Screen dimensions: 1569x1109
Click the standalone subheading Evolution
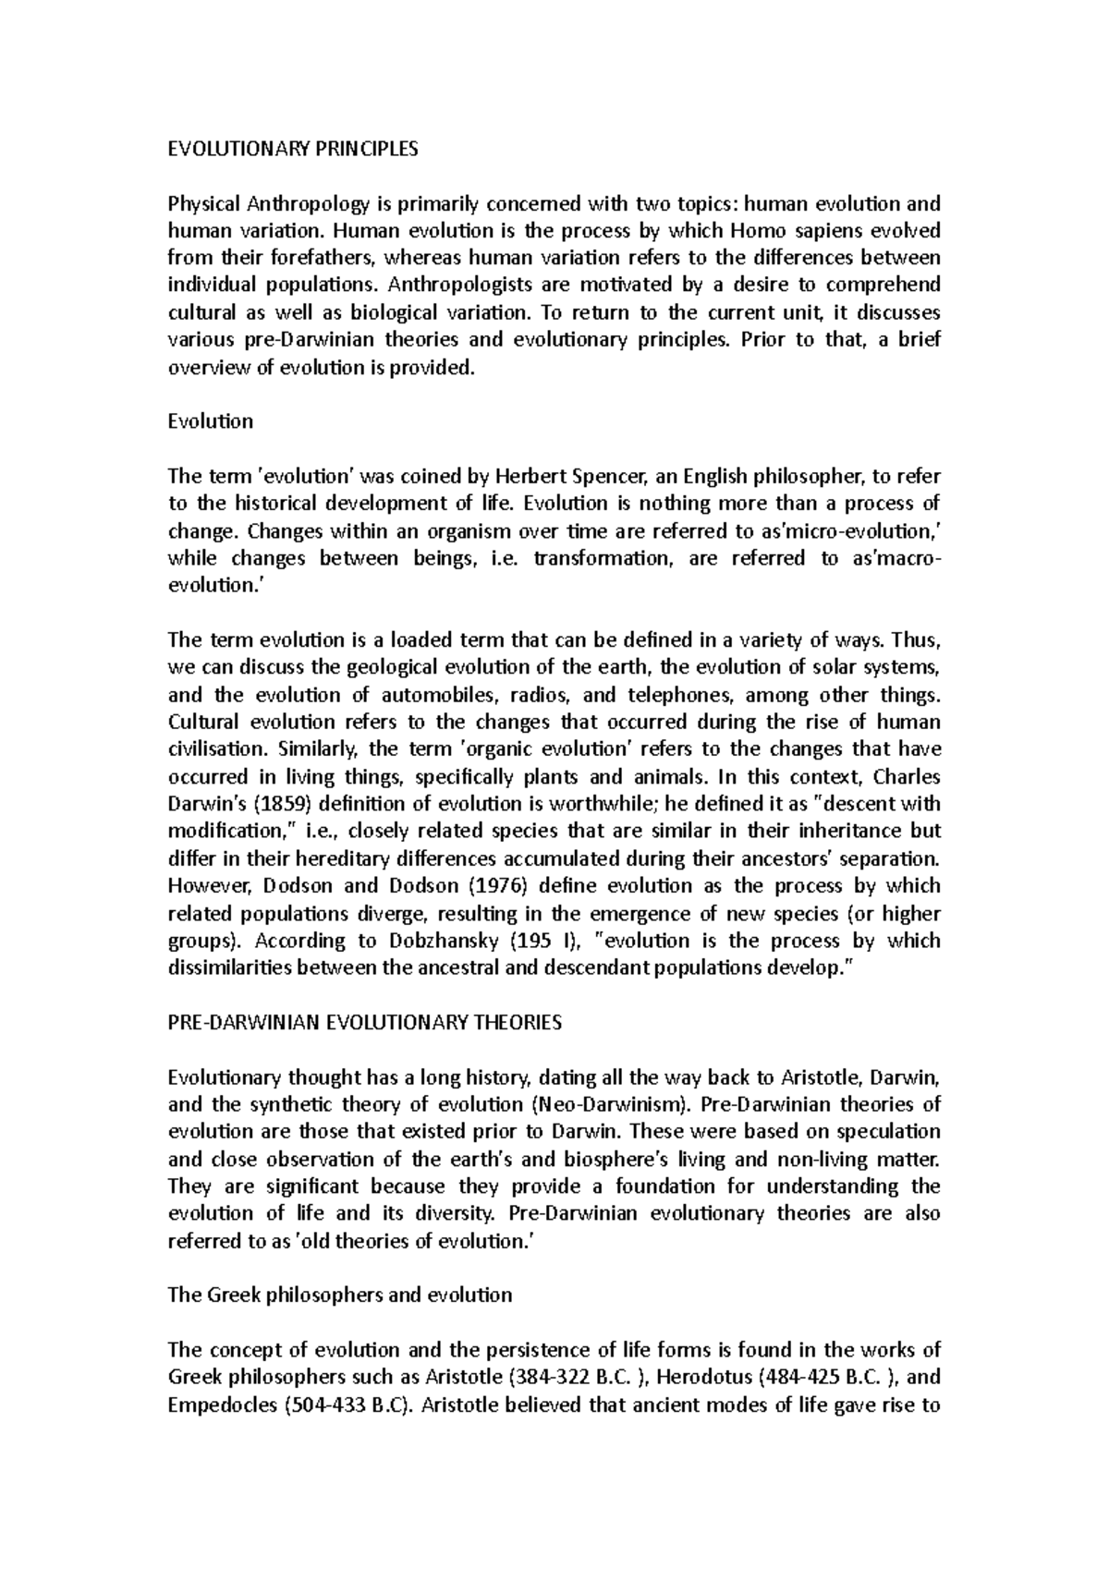pos(210,421)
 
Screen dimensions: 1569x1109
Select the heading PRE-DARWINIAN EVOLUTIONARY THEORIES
pos(364,1022)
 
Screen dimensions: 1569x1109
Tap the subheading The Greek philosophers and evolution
pos(339,1295)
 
